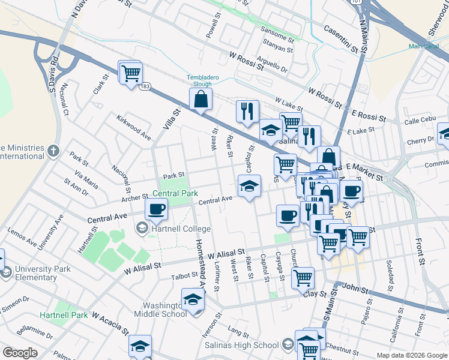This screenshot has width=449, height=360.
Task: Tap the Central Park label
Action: [175, 194]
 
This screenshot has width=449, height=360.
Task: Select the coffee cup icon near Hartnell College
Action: [157, 209]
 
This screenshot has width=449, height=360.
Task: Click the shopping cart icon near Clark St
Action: [130, 74]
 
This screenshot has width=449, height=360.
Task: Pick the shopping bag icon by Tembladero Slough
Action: [201, 100]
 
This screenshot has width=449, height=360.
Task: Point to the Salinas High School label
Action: [249, 345]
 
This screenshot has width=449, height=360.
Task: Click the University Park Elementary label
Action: [36, 273]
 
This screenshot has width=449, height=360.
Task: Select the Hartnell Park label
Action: [64, 315]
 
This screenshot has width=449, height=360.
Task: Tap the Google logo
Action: [20, 353]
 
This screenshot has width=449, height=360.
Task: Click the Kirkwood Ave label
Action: [133, 127]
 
